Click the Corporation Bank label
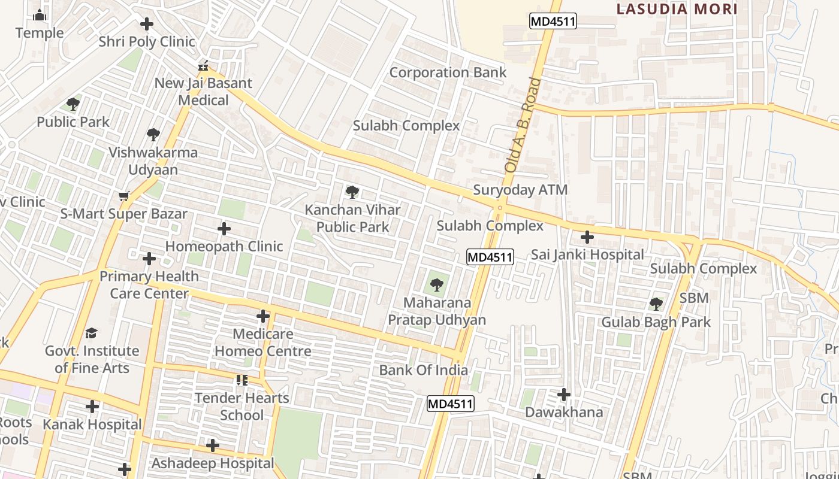(448, 72)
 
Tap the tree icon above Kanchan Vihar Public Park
(352, 192)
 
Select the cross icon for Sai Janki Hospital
(587, 237)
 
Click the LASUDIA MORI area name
(677, 9)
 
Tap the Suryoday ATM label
(520, 190)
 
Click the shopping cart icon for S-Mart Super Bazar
(124, 196)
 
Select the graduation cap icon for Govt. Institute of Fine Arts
(91, 333)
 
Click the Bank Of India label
(423, 370)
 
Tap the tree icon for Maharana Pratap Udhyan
(436, 285)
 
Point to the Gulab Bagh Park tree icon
(656, 304)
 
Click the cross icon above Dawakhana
(564, 395)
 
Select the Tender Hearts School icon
(242, 380)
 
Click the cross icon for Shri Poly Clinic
(147, 24)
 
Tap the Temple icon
(40, 15)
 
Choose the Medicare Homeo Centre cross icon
(263, 316)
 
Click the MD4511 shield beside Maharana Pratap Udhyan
(490, 257)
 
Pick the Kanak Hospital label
(92, 425)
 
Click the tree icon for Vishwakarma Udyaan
(153, 134)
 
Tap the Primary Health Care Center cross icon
(149, 259)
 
